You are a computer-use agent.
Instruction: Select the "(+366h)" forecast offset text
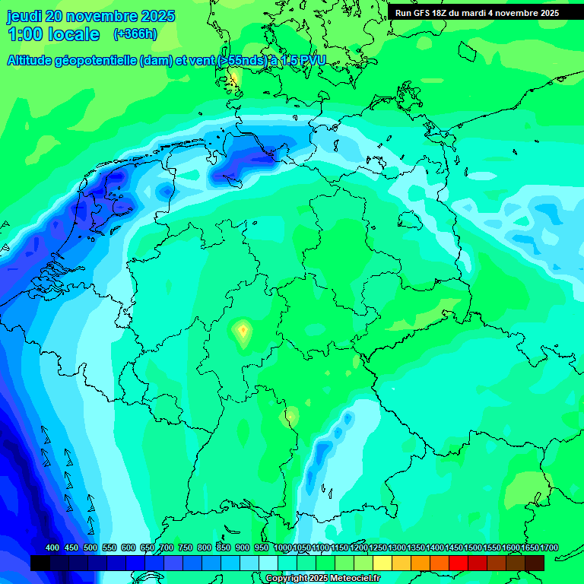point(135,34)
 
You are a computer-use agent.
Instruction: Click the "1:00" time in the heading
point(24,34)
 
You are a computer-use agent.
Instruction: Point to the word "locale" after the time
point(74,34)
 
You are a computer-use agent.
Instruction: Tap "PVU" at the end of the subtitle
point(312,60)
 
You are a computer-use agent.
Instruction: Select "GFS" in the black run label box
point(420,13)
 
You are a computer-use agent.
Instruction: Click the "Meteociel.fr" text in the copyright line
point(349,579)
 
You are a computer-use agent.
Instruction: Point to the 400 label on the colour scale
point(52,548)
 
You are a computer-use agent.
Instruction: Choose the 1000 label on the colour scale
point(282,548)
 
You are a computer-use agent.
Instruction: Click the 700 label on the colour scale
point(166,548)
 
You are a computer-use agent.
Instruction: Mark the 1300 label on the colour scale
point(397,548)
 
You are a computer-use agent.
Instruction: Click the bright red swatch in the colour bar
point(459,563)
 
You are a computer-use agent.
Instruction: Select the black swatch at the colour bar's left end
point(40,563)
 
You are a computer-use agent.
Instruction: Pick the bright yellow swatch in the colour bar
point(382,563)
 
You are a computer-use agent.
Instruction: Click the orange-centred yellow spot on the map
point(243,330)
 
